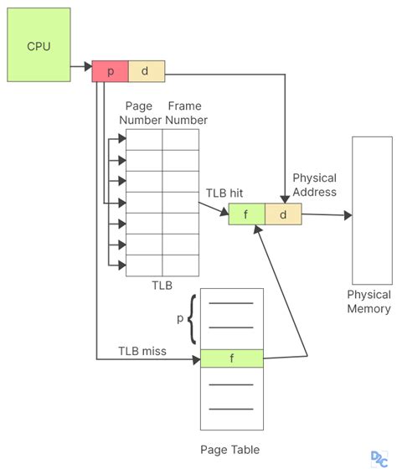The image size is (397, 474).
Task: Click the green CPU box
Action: pos(39,44)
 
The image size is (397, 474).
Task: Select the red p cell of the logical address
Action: pos(110,71)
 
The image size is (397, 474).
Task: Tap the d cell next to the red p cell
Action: pos(147,71)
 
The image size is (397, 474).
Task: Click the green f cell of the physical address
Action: pos(247,214)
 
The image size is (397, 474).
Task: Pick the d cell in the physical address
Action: pos(283,214)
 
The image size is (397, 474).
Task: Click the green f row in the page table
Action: pos(232,358)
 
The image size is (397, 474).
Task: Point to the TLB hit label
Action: pos(224,193)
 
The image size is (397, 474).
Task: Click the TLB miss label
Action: pos(142,351)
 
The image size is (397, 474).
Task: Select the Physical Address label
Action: pos(314,185)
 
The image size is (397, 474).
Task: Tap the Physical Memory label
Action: pos(369,301)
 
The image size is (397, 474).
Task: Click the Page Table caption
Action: pos(229,450)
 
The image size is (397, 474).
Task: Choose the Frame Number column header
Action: pos(186,113)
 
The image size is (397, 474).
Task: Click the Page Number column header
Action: pos(140,113)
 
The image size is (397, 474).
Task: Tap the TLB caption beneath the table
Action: pos(162,285)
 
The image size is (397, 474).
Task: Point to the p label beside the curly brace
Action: pos(180,318)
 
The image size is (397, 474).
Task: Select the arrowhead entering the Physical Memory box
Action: pos(348,215)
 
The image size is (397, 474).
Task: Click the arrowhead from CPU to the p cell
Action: pos(88,66)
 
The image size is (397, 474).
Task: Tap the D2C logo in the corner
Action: pos(379,459)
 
